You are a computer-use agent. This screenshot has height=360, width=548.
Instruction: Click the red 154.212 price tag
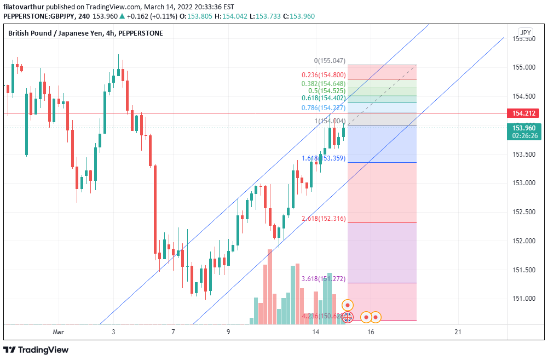pyautogui.click(x=524, y=113)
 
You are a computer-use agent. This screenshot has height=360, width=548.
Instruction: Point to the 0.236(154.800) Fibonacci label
pyautogui.click(x=324, y=75)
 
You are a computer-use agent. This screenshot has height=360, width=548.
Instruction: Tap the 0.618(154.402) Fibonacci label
pyautogui.click(x=324, y=98)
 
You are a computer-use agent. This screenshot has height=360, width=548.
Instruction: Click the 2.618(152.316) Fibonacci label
pyautogui.click(x=324, y=219)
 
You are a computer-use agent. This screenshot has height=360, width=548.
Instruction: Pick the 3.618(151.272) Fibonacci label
pyautogui.click(x=324, y=279)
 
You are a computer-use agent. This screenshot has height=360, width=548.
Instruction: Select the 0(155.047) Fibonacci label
pyautogui.click(x=330, y=61)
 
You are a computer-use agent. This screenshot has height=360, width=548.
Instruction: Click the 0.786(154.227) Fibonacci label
pyautogui.click(x=324, y=108)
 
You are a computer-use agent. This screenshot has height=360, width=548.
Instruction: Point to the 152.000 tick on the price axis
pyautogui.click(x=524, y=241)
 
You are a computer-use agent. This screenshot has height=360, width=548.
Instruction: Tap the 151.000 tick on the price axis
pyautogui.click(x=524, y=299)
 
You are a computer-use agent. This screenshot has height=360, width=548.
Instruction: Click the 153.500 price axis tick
pyautogui.click(x=524, y=154)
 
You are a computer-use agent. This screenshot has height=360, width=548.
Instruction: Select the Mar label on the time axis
pyautogui.click(x=59, y=332)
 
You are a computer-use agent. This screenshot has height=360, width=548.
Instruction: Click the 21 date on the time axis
pyautogui.click(x=458, y=332)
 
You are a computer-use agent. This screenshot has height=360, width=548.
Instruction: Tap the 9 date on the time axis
pyautogui.click(x=228, y=332)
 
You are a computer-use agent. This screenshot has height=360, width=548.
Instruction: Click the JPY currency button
pyautogui.click(x=526, y=33)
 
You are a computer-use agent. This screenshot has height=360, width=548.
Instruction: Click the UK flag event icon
pyautogui.click(x=348, y=317)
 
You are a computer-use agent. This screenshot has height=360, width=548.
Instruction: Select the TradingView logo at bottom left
pyautogui.click(x=36, y=350)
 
